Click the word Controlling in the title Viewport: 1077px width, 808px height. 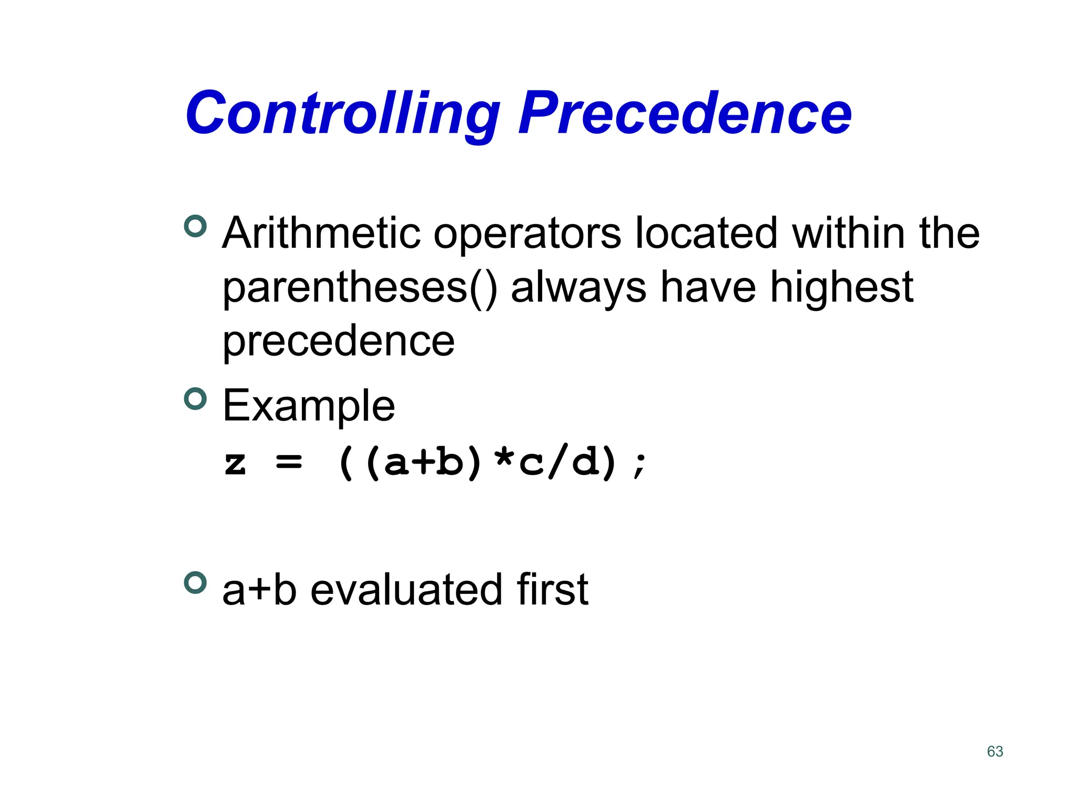(342, 113)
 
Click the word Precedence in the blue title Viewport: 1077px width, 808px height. (685, 113)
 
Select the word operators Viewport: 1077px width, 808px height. (527, 234)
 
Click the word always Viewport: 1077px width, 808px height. (578, 288)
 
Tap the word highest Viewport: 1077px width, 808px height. (841, 288)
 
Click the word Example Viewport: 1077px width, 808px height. (309, 406)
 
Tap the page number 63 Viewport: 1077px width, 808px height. (995, 751)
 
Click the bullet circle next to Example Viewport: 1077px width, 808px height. (196, 399)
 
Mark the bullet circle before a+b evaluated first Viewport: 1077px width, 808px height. (196, 583)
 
